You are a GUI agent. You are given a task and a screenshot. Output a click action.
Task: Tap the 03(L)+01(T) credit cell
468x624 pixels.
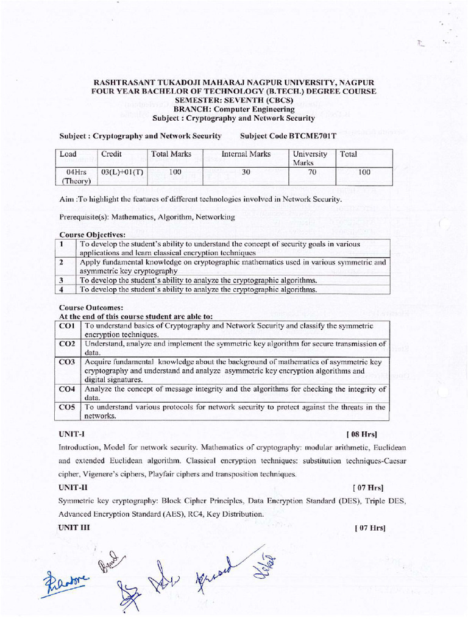[x=122, y=172]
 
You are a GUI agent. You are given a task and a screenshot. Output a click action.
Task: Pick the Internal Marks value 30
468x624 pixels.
[x=246, y=172]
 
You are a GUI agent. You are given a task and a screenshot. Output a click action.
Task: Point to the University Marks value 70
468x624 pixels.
[x=311, y=172]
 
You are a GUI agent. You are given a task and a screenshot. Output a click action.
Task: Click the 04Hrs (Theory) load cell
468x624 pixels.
[x=76, y=176]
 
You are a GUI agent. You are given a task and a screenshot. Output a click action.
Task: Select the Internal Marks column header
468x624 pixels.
[x=246, y=154]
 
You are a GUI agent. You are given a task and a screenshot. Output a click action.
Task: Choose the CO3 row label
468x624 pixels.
[x=67, y=362]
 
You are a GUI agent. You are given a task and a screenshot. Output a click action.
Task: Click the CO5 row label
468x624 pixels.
[x=67, y=406]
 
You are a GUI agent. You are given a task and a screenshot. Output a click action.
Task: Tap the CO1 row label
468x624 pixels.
[x=67, y=326]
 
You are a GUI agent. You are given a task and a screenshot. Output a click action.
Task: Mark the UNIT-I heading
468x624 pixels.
[x=71, y=434]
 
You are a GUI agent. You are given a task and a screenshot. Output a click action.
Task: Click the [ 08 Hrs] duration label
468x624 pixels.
[x=361, y=434]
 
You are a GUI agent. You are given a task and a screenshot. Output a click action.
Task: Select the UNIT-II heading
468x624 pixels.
[x=73, y=487]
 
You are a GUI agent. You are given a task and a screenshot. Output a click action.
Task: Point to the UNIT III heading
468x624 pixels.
[x=74, y=527]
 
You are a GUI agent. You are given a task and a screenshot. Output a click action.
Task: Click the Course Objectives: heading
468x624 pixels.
[x=92, y=234]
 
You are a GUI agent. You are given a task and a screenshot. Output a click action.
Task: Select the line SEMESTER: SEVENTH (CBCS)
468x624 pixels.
[x=233, y=100]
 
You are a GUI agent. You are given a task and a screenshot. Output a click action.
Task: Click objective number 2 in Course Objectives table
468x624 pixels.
[x=62, y=262]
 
